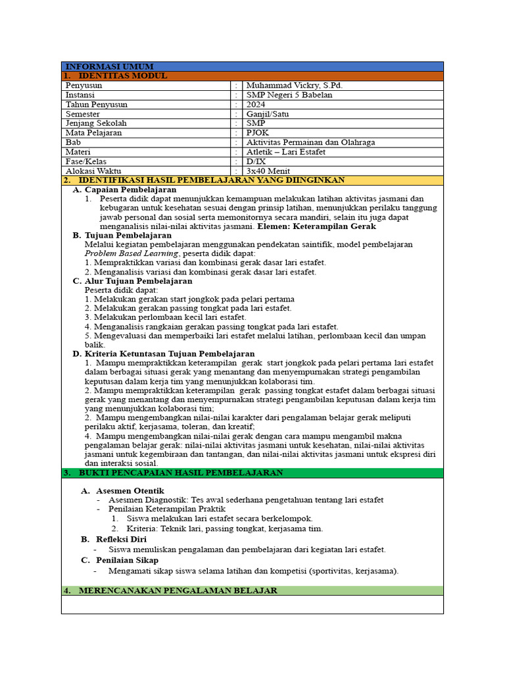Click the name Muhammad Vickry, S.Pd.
[x=294, y=86]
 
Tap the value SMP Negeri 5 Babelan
[x=289, y=95]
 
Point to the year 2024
[x=256, y=104]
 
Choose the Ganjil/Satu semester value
[x=268, y=114]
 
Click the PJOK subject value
[x=257, y=132]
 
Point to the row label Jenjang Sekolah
[x=96, y=123]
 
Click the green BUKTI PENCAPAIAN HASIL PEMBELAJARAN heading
[x=181, y=473]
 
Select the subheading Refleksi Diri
[x=122, y=539]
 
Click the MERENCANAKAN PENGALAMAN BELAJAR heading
[x=178, y=590]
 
